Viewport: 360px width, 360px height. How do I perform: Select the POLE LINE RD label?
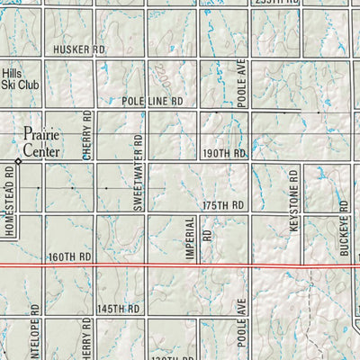pyautogui.click(x=153, y=103)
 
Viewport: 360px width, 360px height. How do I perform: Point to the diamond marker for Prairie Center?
pyautogui.click(x=18, y=161)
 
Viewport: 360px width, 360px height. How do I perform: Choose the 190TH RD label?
pyautogui.click(x=223, y=154)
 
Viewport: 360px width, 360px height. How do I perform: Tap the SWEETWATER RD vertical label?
pyautogui.click(x=139, y=174)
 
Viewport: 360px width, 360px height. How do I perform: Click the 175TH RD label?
pyautogui.click(x=223, y=205)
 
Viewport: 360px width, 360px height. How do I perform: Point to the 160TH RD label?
pyautogui.click(x=72, y=256)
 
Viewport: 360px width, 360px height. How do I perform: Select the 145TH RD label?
pyautogui.click(x=121, y=309)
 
